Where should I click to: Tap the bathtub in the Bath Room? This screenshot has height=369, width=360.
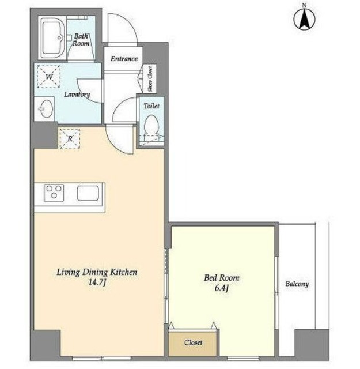53,38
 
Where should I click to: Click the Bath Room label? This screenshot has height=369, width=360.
81,40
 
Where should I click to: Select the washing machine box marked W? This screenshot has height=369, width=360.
49,77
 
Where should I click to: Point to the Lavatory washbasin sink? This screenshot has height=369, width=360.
46,109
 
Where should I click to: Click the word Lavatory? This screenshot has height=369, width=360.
77,95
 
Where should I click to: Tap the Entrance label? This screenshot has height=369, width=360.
124,59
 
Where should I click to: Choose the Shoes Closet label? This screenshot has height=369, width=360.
150,79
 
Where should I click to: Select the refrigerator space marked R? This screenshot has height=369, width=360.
70,139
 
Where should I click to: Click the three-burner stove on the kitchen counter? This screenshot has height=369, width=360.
54,193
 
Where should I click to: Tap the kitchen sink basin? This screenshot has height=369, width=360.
88,193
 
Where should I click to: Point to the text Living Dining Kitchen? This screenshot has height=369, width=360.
97,272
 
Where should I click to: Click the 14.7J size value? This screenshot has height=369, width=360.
97,283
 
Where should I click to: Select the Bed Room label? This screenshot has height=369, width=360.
222,278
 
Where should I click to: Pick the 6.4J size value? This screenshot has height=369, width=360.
222,288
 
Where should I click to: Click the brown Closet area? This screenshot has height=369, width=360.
193,342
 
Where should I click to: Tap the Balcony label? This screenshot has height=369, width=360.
297,284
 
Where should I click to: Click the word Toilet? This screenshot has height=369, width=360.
151,106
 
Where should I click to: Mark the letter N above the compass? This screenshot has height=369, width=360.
304,5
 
